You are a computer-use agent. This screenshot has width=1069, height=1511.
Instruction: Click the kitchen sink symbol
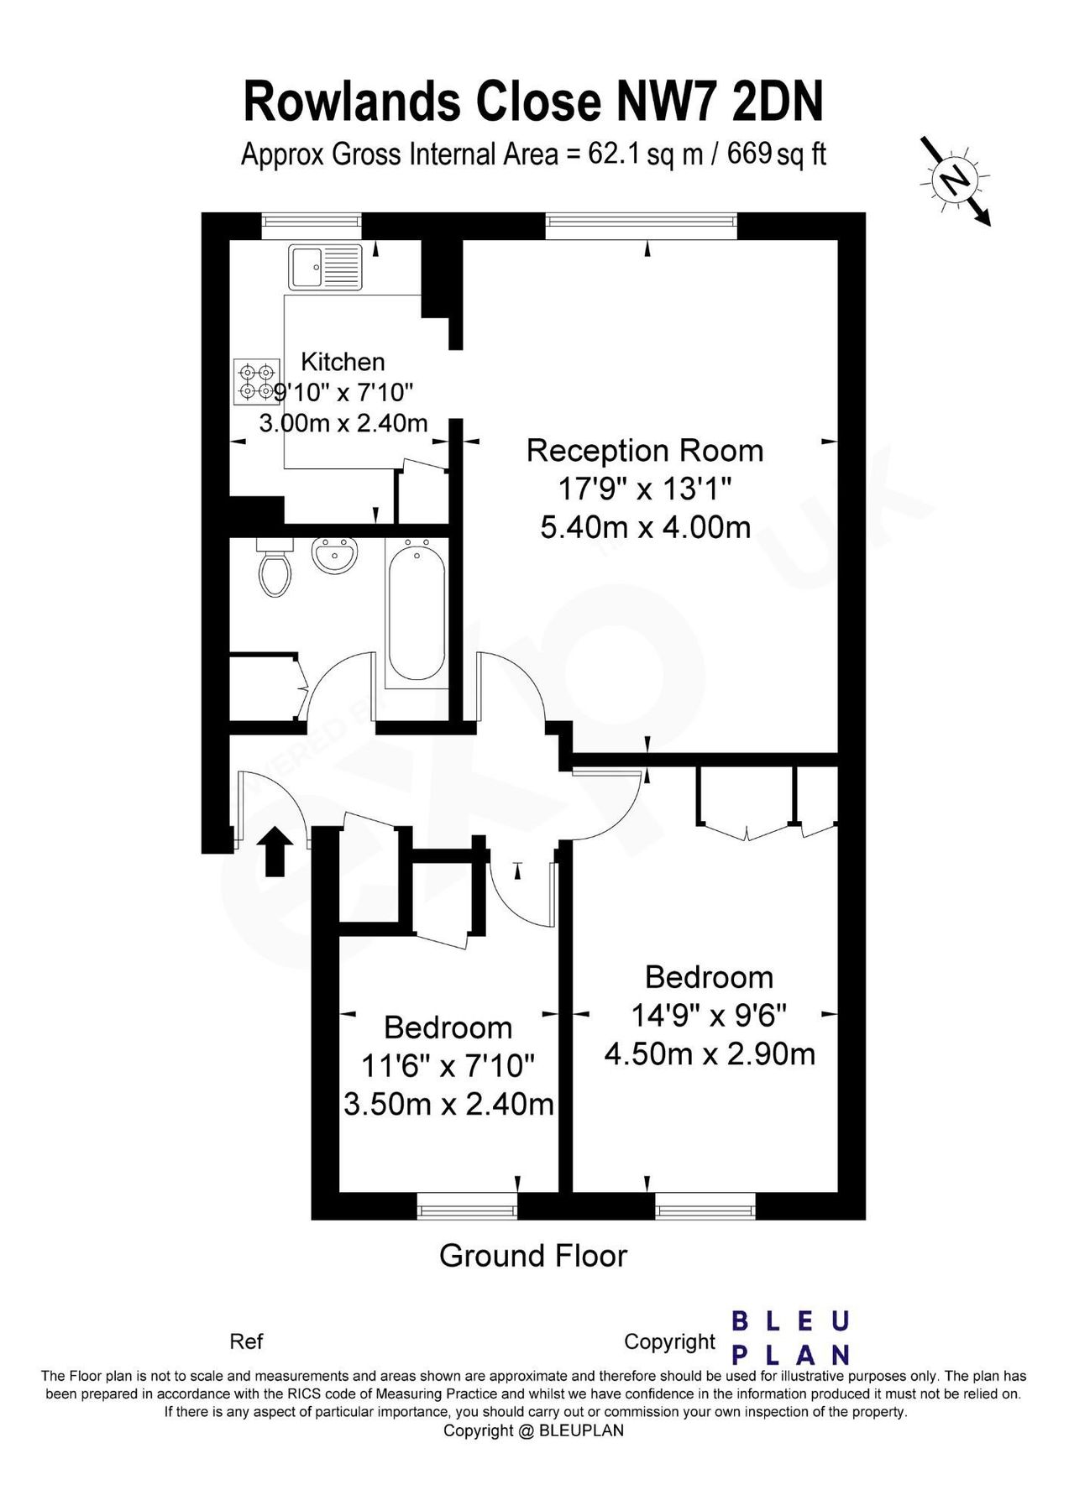[x=325, y=267]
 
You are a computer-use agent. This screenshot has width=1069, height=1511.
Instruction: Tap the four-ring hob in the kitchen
[x=256, y=380]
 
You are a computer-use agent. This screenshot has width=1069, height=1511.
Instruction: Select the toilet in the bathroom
[x=275, y=571]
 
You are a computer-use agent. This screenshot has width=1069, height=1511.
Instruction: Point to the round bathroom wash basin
[x=334, y=556]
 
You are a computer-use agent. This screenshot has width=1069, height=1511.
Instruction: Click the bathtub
[x=417, y=612]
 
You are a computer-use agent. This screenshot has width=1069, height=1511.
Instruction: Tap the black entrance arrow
[x=274, y=851]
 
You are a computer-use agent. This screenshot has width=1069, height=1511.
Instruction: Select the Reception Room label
[x=644, y=451]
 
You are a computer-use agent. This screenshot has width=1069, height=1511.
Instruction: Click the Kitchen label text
[x=343, y=362]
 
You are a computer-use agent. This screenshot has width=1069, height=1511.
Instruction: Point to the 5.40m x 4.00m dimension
[x=645, y=527]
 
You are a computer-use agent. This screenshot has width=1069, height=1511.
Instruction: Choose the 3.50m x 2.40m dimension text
[x=448, y=1103]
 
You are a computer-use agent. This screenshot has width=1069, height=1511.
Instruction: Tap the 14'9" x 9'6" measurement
[x=709, y=1016]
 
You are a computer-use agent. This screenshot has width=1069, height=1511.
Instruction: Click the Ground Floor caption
[x=533, y=1256]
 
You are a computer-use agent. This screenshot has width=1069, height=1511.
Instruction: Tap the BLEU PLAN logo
[x=790, y=1337]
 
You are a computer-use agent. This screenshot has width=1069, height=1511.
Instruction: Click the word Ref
[x=246, y=1341]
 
